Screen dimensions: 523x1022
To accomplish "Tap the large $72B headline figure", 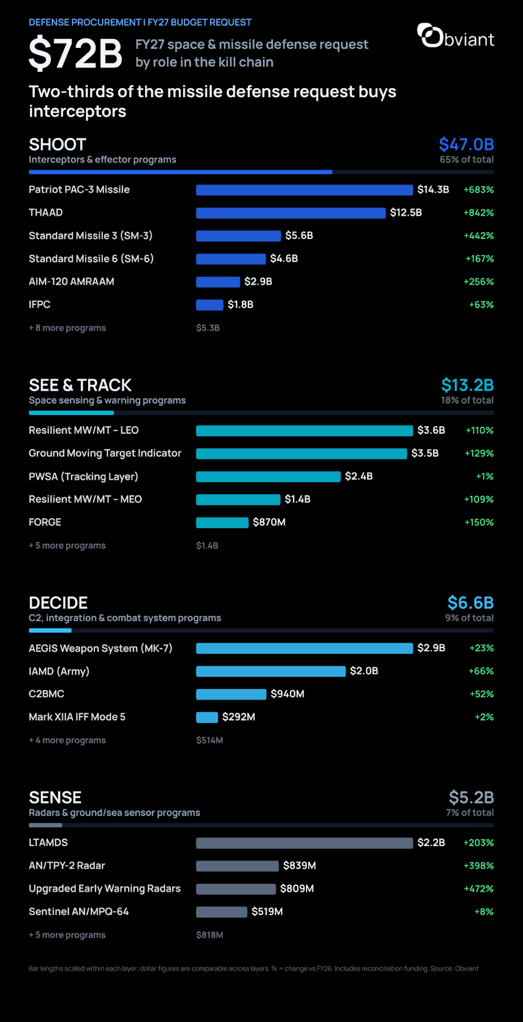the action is click(x=75, y=53).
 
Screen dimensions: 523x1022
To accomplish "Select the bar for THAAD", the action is click(x=291, y=213).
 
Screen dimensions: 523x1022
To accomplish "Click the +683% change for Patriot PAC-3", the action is click(x=479, y=190).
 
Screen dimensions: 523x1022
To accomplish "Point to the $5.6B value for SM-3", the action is click(x=299, y=236).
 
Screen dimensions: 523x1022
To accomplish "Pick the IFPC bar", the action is click(x=210, y=305).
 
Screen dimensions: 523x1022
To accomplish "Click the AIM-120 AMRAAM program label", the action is click(x=71, y=282).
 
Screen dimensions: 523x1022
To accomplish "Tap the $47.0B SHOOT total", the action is click(x=466, y=144).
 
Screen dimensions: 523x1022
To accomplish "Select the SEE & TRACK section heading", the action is click(x=80, y=385).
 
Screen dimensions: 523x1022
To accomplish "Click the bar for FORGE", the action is click(x=222, y=523).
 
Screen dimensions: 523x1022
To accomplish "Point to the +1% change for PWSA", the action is click(x=485, y=476).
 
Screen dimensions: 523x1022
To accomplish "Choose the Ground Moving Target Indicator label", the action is click(x=105, y=454).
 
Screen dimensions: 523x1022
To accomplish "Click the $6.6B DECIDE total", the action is click(x=471, y=603).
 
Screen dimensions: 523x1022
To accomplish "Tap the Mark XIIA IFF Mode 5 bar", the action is click(x=207, y=717).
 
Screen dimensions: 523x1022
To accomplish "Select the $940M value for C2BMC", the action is click(x=288, y=694).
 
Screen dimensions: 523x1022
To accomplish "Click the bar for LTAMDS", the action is click(x=304, y=843).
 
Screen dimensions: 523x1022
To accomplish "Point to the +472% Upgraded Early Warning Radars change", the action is click(x=479, y=889).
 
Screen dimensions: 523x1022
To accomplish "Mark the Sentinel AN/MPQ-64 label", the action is click(x=79, y=912).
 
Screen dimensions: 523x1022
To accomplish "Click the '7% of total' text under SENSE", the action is click(x=470, y=813).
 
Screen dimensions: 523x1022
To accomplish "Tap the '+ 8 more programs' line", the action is click(x=67, y=328).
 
